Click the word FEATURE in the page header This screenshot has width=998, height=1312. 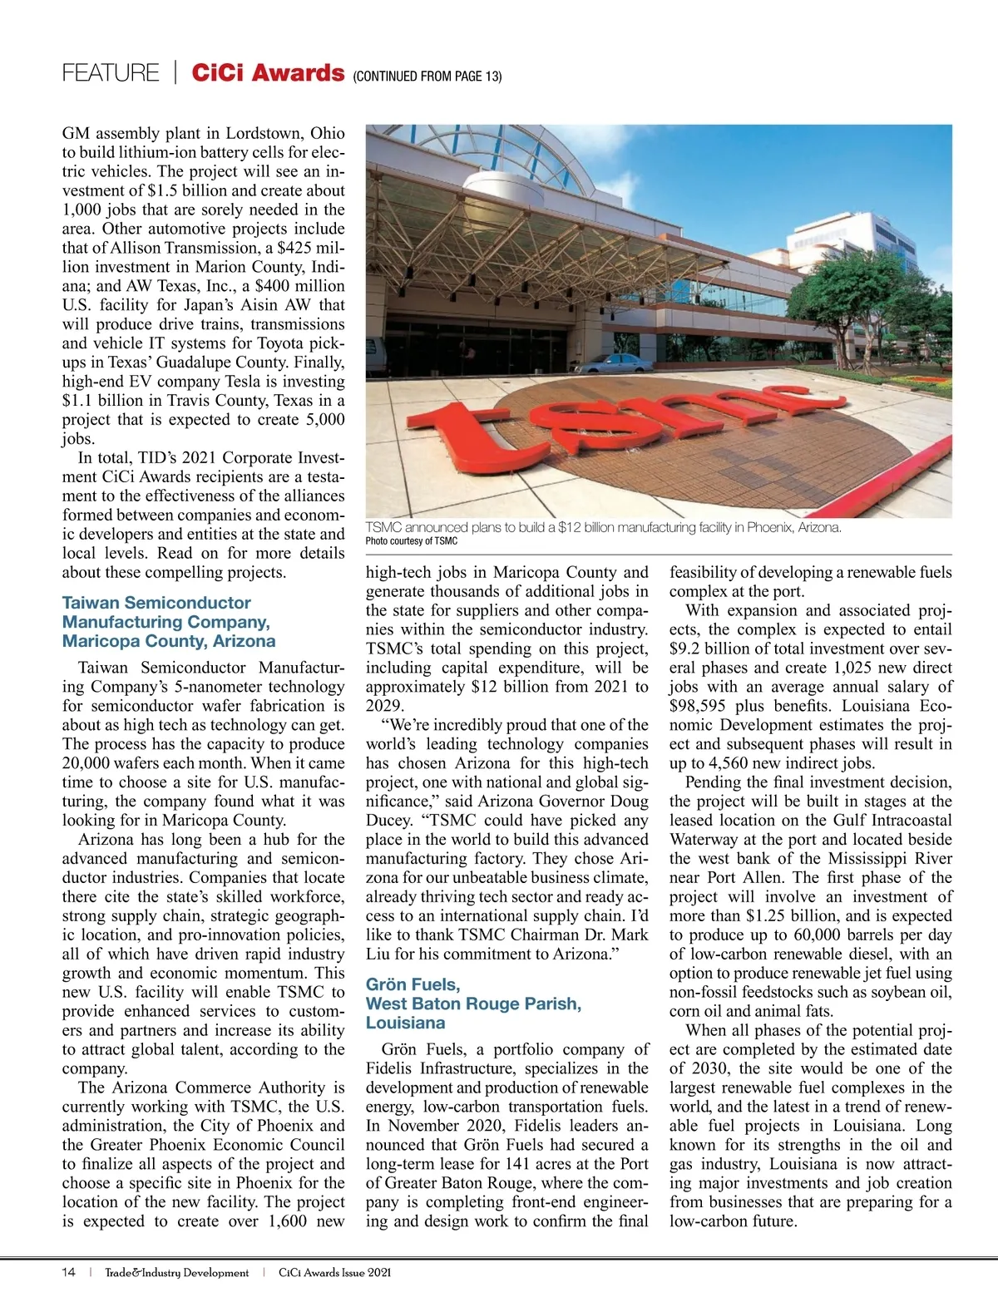(x=110, y=73)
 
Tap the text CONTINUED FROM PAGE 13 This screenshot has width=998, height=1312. (x=427, y=76)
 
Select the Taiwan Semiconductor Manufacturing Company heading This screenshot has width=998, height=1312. (x=169, y=622)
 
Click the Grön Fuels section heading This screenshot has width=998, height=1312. (x=473, y=1004)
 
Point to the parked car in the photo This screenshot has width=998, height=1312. (x=620, y=363)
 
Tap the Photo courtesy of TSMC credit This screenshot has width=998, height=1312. (x=412, y=541)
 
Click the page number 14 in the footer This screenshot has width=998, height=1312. (x=68, y=1272)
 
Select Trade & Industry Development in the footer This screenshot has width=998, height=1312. (x=176, y=1272)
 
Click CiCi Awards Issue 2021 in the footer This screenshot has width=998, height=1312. (x=334, y=1272)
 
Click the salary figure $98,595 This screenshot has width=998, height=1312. (x=698, y=706)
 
